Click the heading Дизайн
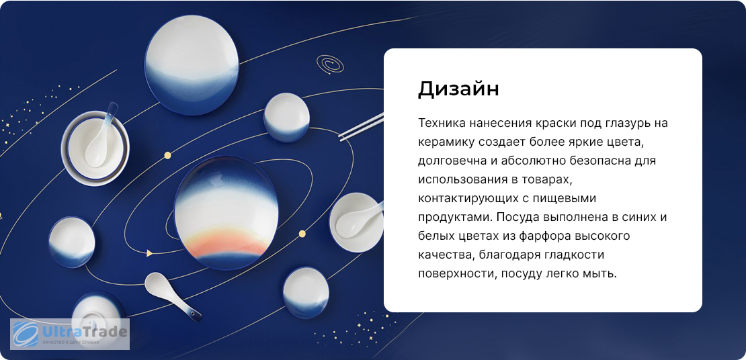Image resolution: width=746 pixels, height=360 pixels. coord(458,89)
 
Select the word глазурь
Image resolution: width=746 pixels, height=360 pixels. coord(621,124)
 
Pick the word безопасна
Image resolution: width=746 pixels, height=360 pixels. coord(594,161)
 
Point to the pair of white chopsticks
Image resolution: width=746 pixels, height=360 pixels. coord(361,126)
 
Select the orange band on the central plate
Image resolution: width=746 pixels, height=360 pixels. coord(227,243)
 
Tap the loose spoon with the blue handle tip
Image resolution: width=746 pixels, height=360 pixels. coord(173,296)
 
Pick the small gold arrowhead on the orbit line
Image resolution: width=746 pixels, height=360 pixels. coord(149,253)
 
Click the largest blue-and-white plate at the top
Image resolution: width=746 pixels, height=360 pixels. coord(192,65)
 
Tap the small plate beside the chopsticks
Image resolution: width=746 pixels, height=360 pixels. coord(286,117)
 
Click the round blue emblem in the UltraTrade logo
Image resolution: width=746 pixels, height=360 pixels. coord(26,334)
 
